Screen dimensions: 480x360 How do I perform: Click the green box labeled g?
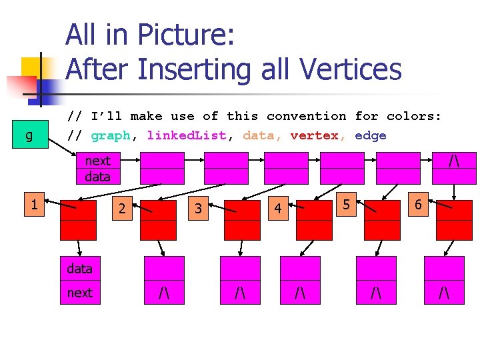coord(28,136)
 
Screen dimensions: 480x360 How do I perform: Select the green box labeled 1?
coord(33,205)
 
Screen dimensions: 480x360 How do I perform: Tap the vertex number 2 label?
coord(122,209)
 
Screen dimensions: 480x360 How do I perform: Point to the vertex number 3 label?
coord(198,209)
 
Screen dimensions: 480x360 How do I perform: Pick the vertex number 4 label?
coord(278,209)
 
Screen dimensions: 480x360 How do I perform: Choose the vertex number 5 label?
coord(345,204)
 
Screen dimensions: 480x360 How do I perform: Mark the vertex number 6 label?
coord(418,204)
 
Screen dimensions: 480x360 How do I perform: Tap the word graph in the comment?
coord(110,135)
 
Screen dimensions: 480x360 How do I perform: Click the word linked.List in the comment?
coord(187,135)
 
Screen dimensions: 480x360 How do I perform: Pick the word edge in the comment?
coord(371,135)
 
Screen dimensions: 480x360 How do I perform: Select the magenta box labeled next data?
coord(97,169)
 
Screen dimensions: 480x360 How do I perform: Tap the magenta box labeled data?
coord(80,269)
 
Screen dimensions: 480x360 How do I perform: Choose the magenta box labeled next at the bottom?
coord(80,293)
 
